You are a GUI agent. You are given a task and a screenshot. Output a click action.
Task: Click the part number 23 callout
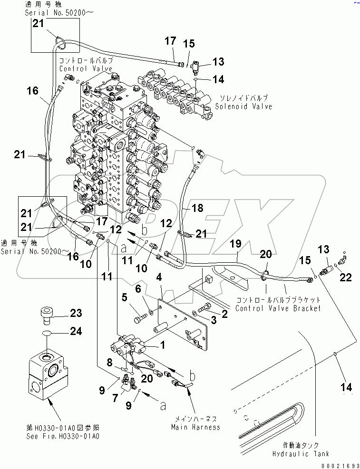tap(76, 313)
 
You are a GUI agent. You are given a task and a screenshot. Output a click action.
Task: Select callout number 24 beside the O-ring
tap(76, 332)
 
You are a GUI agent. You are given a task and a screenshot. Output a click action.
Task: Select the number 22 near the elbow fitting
tap(346, 278)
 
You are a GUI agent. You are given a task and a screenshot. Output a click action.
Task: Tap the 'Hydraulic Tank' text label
tap(301, 453)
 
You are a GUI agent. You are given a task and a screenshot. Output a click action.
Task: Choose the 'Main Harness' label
tap(196, 427)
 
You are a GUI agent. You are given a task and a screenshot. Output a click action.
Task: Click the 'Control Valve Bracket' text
tap(278, 308)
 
